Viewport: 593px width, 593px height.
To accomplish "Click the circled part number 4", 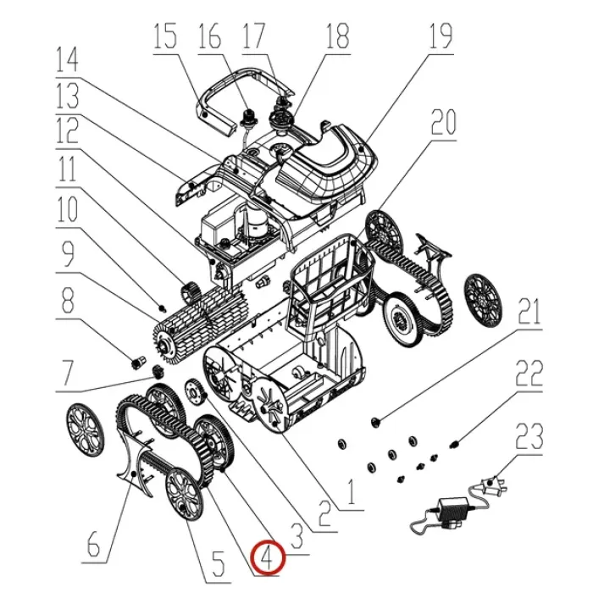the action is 268,558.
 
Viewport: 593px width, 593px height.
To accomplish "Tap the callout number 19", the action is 441,36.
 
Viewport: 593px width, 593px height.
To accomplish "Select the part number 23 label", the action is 530,436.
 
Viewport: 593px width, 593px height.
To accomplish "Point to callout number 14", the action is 67,59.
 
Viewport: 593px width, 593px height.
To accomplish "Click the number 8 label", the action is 67,301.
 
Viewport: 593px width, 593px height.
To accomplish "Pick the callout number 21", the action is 529,312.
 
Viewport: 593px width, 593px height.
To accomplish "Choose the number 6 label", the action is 93,544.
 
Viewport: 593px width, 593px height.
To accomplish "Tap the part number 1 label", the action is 352,492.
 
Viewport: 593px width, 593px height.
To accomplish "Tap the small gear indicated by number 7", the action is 158,371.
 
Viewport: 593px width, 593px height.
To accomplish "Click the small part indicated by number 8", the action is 138,362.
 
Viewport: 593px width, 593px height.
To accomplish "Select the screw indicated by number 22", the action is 455,444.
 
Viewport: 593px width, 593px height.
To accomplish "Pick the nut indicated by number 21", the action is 376,421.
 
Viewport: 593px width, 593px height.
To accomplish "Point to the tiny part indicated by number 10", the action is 163,308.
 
